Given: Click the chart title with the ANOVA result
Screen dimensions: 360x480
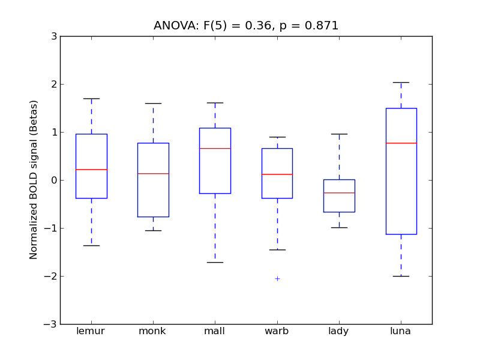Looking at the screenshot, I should [x=246, y=26].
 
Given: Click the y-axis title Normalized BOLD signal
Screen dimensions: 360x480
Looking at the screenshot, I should [x=34, y=179].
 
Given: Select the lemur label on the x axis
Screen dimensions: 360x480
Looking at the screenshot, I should [x=91, y=331].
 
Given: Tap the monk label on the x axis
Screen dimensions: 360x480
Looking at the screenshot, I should [x=152, y=331].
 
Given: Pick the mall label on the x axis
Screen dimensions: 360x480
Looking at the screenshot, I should [x=215, y=331].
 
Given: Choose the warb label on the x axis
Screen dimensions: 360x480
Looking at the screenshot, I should [x=277, y=331].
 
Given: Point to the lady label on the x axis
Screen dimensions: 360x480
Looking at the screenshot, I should [x=339, y=331].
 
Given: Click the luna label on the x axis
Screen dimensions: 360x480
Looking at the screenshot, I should [x=401, y=331].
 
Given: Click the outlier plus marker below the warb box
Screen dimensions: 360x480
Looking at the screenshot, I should [x=277, y=278].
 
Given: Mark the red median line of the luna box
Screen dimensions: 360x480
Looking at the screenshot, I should [x=401, y=143].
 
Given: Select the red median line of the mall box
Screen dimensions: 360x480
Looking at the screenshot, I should [x=215, y=148].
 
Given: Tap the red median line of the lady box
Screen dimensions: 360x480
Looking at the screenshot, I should [x=339, y=193].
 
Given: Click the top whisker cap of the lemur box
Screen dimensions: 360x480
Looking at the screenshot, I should [x=91, y=98].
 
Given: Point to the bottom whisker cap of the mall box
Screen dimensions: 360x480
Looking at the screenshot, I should [x=215, y=262].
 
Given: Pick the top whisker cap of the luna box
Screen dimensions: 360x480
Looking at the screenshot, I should [x=401, y=82].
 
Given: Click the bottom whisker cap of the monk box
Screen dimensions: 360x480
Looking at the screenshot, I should [x=153, y=230].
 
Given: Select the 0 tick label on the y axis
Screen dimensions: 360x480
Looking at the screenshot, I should [x=54, y=181].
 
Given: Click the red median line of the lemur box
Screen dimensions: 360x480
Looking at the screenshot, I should [x=91, y=169].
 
